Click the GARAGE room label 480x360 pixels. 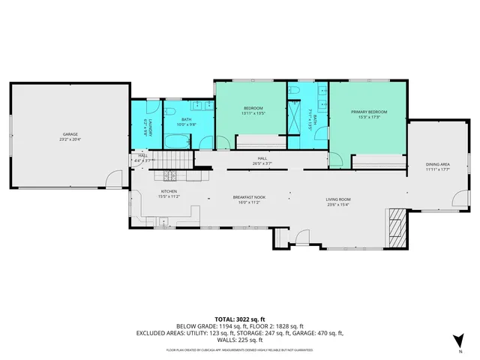coord(70,134)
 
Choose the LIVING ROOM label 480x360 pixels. coord(338,199)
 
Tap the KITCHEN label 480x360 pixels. coord(169,191)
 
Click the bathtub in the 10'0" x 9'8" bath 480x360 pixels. coord(178,140)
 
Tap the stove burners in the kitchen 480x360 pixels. coord(170,176)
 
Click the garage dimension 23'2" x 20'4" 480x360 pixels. coord(70,139)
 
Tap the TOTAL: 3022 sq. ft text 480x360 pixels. coord(239,319)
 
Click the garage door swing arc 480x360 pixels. coord(114,179)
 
